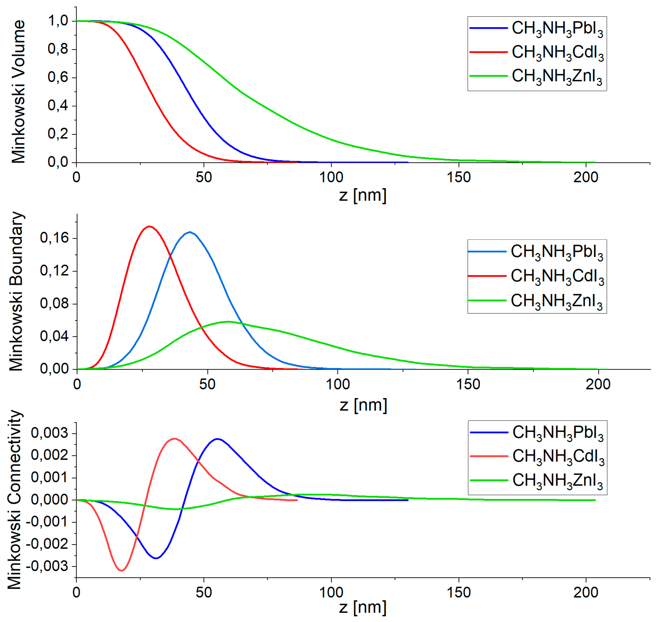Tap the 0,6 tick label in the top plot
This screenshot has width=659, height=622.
(x=58, y=77)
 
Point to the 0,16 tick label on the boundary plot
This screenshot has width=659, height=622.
(x=54, y=238)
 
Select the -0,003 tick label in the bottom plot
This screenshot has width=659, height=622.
(x=47, y=566)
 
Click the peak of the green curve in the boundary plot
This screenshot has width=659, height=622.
(x=228, y=321)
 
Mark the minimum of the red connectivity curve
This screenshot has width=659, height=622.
(x=121, y=570)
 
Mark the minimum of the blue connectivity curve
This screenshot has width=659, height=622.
(x=156, y=558)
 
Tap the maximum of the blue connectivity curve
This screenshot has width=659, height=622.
(x=217, y=439)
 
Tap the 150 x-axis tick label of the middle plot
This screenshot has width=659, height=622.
(x=468, y=384)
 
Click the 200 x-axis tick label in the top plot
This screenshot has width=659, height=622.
(x=586, y=178)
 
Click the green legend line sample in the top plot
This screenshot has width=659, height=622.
(x=488, y=76)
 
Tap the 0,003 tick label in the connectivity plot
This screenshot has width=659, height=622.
(x=50, y=433)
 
